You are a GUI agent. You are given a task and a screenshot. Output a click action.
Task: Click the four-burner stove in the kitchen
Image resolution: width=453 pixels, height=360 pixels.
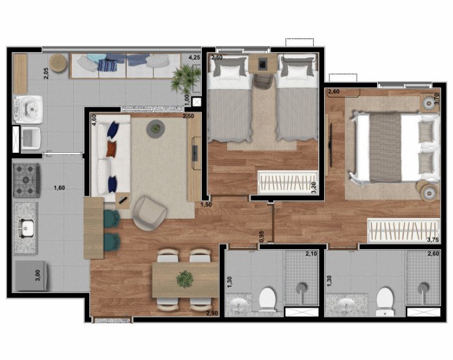click(27, 180)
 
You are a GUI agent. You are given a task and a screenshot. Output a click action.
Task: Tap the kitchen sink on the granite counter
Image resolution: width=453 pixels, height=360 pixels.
click(26, 229)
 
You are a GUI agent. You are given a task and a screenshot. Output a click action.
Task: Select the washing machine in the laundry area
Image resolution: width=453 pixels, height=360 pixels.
click(28, 110)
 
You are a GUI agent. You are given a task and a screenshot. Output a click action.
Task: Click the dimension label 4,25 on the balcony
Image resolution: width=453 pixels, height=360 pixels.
click(194, 57)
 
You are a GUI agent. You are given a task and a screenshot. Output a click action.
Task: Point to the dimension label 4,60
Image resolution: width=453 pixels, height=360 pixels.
click(94, 120)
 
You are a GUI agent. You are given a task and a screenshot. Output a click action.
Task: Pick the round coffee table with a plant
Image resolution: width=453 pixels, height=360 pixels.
click(156, 129)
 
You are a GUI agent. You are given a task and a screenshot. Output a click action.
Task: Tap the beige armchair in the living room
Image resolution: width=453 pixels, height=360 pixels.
click(149, 213)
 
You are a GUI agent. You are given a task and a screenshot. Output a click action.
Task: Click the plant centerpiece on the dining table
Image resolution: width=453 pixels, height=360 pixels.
click(185, 279)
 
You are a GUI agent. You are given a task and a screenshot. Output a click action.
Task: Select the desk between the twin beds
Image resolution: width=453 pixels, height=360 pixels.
click(263, 63)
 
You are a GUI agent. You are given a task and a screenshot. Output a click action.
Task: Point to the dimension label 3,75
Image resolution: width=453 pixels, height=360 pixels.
click(432, 240)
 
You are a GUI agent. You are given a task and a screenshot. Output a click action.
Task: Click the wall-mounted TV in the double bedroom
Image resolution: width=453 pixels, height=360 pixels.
click(331, 145)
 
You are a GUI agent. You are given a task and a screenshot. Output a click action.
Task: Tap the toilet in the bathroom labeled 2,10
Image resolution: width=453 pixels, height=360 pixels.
click(267, 299)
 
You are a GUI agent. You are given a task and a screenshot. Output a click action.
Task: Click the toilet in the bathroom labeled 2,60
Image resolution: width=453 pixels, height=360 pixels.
click(385, 301)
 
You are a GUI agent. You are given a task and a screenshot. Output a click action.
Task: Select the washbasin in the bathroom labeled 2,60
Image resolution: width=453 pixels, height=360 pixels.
click(347, 306)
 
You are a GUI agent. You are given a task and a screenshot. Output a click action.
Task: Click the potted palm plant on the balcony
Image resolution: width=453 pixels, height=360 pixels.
click(185, 78)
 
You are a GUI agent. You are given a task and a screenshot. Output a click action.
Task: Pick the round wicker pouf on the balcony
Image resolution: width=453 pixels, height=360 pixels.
click(58, 62)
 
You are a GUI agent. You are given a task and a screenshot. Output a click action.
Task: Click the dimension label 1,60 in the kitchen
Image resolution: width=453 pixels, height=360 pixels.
click(60, 188)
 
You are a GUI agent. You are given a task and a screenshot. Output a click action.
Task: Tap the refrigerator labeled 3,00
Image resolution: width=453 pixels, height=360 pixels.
click(31, 276)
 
